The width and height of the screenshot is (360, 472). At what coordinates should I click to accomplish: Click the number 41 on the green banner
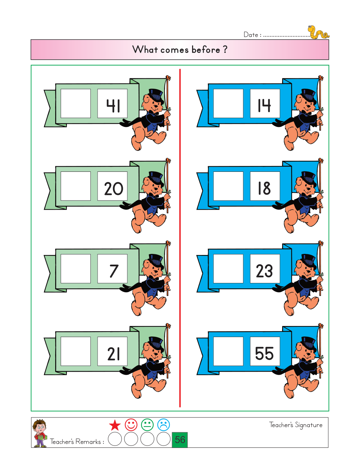tap(113, 106)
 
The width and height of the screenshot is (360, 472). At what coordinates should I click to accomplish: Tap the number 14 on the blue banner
tap(264, 105)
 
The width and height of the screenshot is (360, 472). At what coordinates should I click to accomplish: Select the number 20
tap(113, 188)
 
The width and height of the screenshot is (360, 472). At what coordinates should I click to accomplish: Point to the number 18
tap(264, 188)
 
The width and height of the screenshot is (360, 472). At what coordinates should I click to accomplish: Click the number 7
tap(114, 271)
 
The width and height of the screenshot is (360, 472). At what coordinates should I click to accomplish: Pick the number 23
tap(264, 271)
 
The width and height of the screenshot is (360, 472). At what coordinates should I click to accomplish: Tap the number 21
tap(113, 354)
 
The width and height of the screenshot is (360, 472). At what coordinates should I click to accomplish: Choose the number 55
tap(264, 353)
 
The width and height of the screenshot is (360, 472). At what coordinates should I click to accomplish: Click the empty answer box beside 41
tap(76, 104)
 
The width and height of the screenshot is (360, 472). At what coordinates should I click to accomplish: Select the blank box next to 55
tap(228, 351)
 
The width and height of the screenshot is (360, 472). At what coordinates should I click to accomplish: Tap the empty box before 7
tap(76, 268)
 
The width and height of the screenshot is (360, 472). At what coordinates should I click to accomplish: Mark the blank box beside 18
tap(228, 186)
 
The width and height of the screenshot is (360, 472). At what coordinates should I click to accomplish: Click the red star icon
tap(115, 425)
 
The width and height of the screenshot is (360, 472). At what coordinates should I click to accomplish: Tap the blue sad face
tap(163, 425)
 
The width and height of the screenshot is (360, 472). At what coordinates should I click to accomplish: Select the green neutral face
tap(147, 425)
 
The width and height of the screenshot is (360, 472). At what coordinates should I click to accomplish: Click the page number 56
tap(180, 440)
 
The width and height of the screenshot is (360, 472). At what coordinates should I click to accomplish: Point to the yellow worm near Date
tap(318, 32)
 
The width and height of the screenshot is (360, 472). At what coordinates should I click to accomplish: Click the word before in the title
tap(206, 50)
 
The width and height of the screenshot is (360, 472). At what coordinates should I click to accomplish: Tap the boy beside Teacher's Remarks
tap(40, 433)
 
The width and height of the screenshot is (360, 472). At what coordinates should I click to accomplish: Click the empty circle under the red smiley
tap(131, 439)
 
